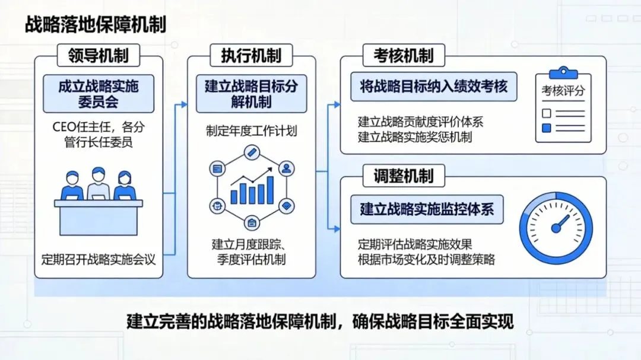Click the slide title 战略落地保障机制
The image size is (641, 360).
click(96, 26)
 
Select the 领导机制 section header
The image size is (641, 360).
click(99, 56)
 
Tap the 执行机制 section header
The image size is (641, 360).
click(251, 56)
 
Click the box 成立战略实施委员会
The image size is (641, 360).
click(99, 94)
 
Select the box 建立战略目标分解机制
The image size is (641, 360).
click(251, 94)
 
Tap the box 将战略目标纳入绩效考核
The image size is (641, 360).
click(433, 87)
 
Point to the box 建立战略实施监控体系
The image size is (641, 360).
click(427, 209)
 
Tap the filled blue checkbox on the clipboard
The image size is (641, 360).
click(547, 128)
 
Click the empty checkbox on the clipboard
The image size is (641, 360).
click(547, 113)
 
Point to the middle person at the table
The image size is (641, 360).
click(99, 184)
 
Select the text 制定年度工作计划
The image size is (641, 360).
click(251, 131)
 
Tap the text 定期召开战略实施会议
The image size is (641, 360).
click(99, 259)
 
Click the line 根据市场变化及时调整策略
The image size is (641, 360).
click(426, 259)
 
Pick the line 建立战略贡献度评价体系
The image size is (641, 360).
click(420, 123)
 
